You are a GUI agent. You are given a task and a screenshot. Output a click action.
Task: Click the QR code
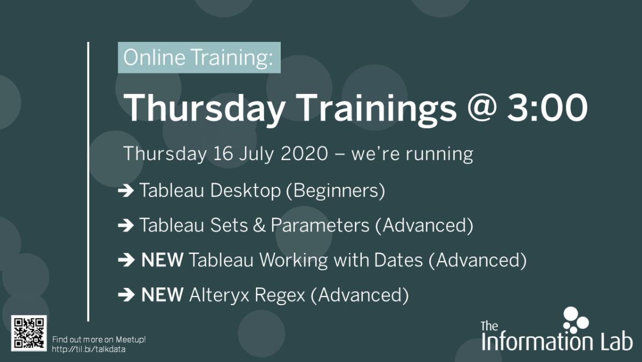pos(28,333)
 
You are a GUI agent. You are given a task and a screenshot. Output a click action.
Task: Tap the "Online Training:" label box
pos(199,57)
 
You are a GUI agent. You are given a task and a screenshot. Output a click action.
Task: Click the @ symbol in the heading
pos(481,107)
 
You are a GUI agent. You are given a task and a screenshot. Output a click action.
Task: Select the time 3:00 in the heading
pos(548,107)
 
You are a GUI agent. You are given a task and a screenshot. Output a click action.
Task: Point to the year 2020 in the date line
pos(304,154)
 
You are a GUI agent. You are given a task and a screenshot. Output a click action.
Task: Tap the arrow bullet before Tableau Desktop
pos(126,191)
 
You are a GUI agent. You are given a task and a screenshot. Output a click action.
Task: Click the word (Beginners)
pos(335,191)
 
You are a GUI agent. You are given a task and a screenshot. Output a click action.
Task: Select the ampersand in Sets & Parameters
pos(259,225)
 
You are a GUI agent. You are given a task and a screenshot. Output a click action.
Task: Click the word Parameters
pos(320,225)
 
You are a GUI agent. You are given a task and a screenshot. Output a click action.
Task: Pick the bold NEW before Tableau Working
pos(162,260)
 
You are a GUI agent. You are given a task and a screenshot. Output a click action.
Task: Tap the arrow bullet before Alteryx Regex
pos(126,295)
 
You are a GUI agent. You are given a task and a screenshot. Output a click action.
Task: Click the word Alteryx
pos(219,295)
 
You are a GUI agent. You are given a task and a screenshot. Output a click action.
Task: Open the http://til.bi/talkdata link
pos(89,349)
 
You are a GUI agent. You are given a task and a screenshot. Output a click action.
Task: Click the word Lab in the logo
pos(617,341)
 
